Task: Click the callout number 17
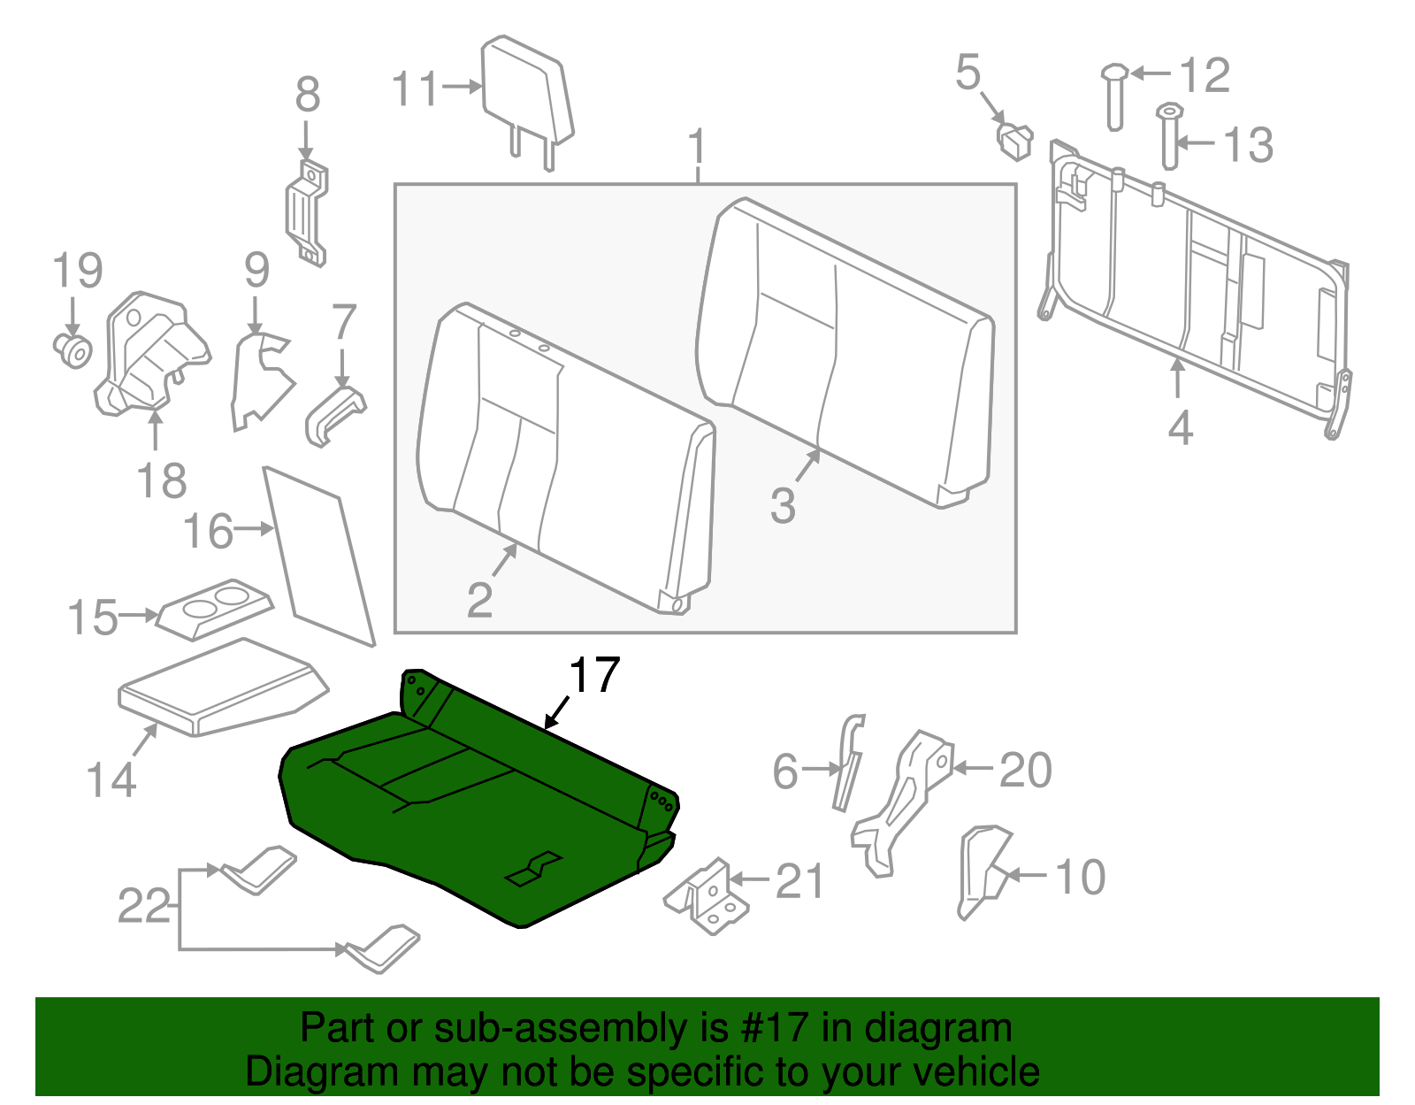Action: point(594,676)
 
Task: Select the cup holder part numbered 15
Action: point(216,609)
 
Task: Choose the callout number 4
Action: point(1180,428)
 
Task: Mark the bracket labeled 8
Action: point(307,212)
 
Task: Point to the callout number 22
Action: point(143,906)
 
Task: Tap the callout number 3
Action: point(783,506)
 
